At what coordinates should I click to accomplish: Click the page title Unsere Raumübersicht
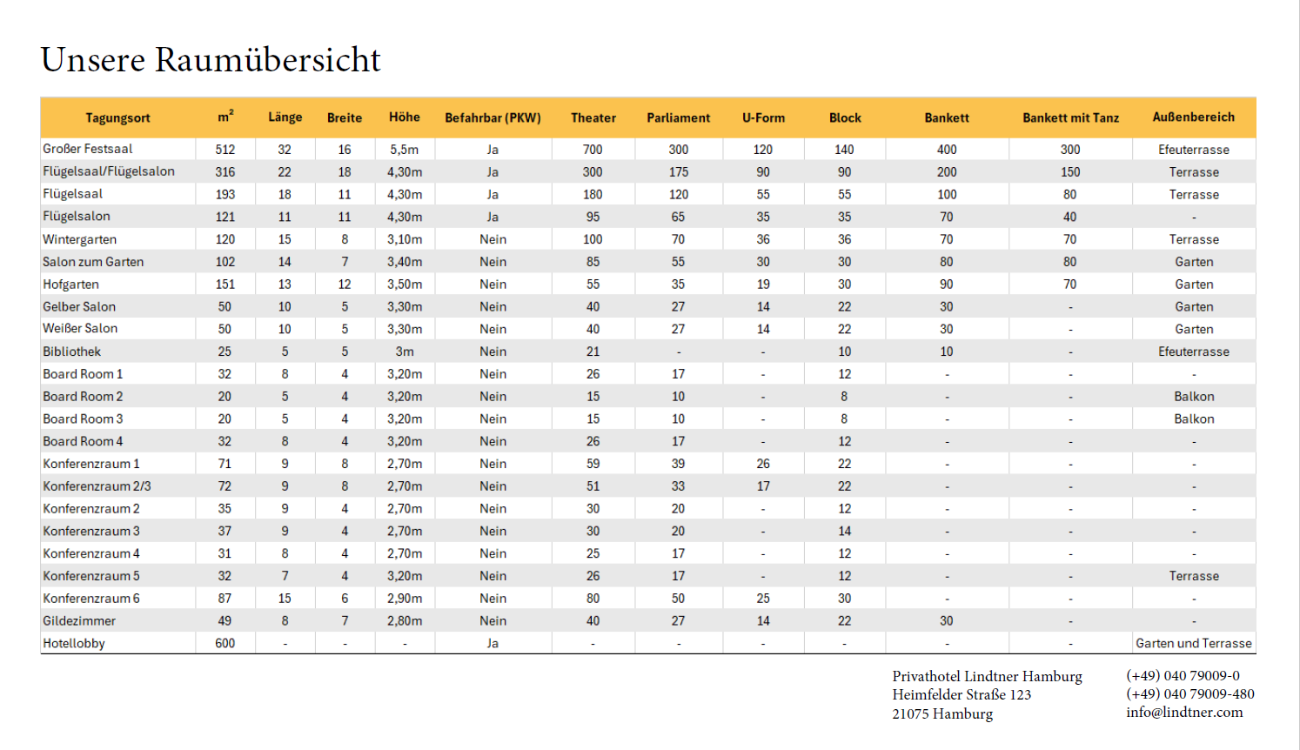tap(211, 59)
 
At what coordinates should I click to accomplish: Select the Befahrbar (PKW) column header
tap(493, 117)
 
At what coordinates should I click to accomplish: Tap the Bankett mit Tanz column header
tap(1070, 117)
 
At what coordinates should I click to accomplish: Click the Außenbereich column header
tap(1193, 117)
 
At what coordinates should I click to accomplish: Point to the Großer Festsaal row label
tap(88, 149)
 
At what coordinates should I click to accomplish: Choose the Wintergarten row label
tap(79, 239)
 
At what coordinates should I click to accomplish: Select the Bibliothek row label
tap(71, 352)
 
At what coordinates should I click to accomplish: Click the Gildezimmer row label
tap(79, 620)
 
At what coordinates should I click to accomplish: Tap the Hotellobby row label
tap(74, 643)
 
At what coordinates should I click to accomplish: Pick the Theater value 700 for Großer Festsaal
tap(593, 149)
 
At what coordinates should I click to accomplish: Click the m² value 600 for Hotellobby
tap(225, 643)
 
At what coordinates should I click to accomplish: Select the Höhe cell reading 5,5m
tap(405, 149)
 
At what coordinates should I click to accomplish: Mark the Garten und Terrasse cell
tap(1193, 643)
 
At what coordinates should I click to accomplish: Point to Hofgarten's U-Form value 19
tap(762, 284)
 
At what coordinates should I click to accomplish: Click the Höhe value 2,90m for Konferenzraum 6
tap(405, 598)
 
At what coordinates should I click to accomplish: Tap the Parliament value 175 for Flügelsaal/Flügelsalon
tap(678, 171)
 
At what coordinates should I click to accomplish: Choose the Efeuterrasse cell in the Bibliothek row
tap(1193, 352)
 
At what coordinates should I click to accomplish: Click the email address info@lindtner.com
tap(1184, 713)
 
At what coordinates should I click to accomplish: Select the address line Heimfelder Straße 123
tap(962, 694)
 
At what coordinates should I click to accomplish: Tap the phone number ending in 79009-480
tap(1190, 693)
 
